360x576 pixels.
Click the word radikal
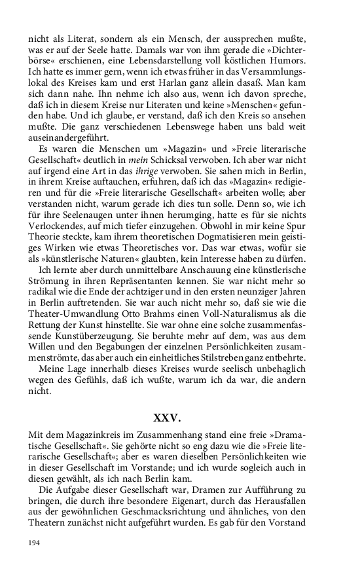click(x=43, y=308)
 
